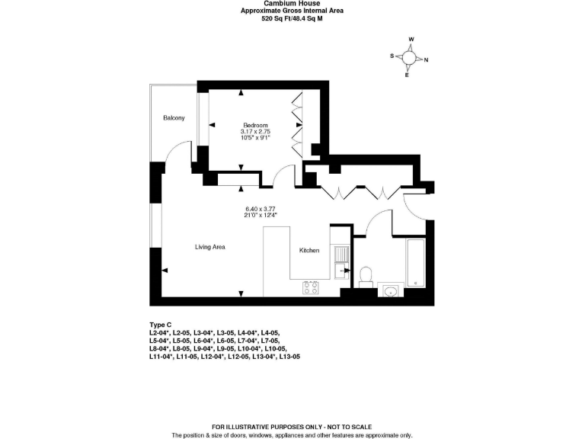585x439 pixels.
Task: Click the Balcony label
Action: [174, 118]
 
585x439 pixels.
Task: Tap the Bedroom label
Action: [255, 126]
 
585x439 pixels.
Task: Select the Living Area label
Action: [210, 247]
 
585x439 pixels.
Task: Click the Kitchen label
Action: [309, 251]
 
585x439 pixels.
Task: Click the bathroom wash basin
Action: [391, 290]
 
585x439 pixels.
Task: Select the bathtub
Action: [416, 263]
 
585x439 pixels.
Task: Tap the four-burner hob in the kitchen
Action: [311, 288]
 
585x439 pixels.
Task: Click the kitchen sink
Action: [341, 262]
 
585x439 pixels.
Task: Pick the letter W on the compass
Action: [411, 39]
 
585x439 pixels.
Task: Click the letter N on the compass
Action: [426, 59]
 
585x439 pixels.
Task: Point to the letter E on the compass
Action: [407, 75]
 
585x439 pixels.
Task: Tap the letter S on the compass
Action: [392, 56]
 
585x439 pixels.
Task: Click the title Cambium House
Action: [292, 3]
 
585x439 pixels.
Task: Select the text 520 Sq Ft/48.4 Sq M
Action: [292, 18]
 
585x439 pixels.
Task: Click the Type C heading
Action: [161, 325]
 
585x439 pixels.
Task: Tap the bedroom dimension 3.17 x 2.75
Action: [255, 132]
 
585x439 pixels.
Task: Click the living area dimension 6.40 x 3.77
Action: [261, 209]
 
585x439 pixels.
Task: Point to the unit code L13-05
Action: [289, 357]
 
